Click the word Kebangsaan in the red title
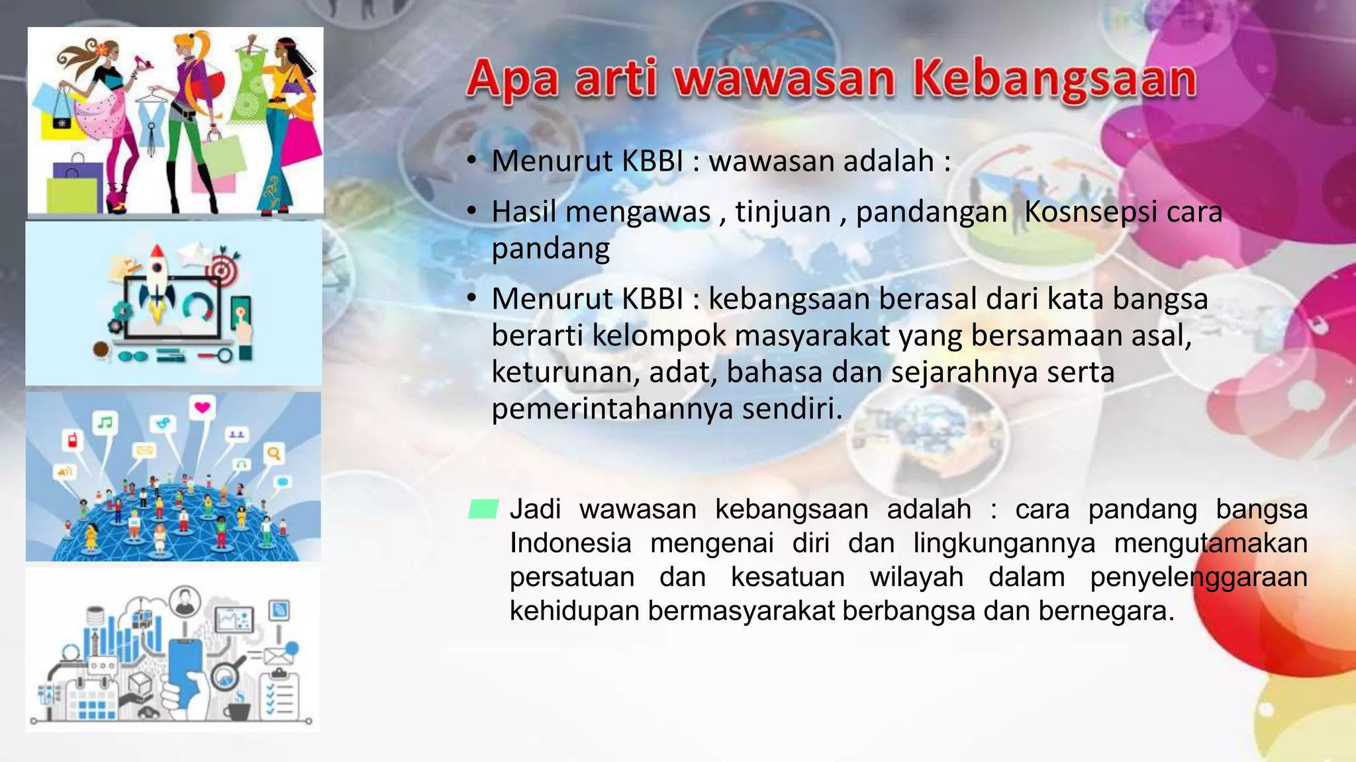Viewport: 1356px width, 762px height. coord(1054,79)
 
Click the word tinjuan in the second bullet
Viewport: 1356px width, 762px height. coord(783,212)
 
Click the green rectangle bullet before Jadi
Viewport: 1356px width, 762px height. coord(483,509)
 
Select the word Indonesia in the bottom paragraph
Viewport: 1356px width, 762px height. coord(570,544)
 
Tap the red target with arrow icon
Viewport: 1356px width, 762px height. coord(222,268)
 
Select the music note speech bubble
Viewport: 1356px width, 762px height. coord(105,422)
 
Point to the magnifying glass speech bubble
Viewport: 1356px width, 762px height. coord(273,454)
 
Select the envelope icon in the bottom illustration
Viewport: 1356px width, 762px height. coord(277,656)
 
